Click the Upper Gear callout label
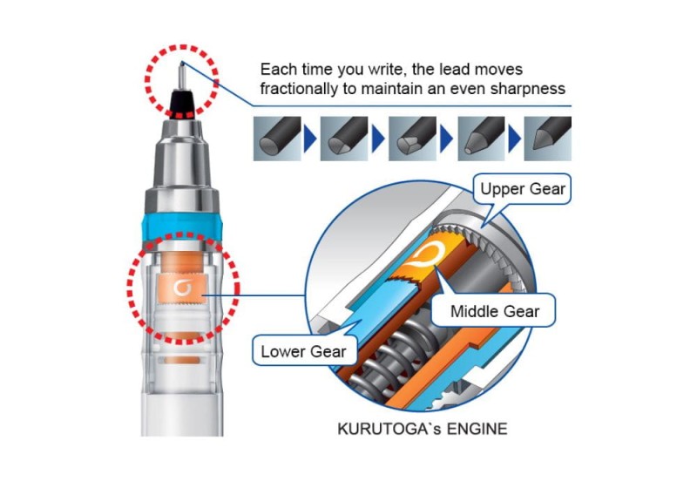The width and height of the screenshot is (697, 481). coord(523,189)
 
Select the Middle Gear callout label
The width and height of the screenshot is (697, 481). coord(494,311)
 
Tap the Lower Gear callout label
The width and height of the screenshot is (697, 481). coord(303,352)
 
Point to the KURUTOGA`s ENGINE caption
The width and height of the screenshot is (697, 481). coord(423,429)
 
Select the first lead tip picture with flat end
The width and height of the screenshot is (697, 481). coord(277,139)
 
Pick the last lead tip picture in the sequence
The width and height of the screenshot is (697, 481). coord(548,139)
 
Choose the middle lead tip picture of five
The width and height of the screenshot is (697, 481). coord(412,139)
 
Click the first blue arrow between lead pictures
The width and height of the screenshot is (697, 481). coord(310,139)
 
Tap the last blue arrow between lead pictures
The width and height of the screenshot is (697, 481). coord(514,139)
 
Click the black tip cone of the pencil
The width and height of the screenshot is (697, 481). coord(183,104)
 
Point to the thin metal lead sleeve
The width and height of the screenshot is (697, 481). coord(182,76)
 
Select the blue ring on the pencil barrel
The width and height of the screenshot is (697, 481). coord(182,227)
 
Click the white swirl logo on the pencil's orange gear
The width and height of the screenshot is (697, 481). coord(182,288)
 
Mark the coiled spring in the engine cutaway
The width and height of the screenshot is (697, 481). coord(391,356)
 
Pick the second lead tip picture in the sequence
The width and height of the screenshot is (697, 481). coord(344,139)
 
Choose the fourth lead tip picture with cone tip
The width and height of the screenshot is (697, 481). coord(482,139)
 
